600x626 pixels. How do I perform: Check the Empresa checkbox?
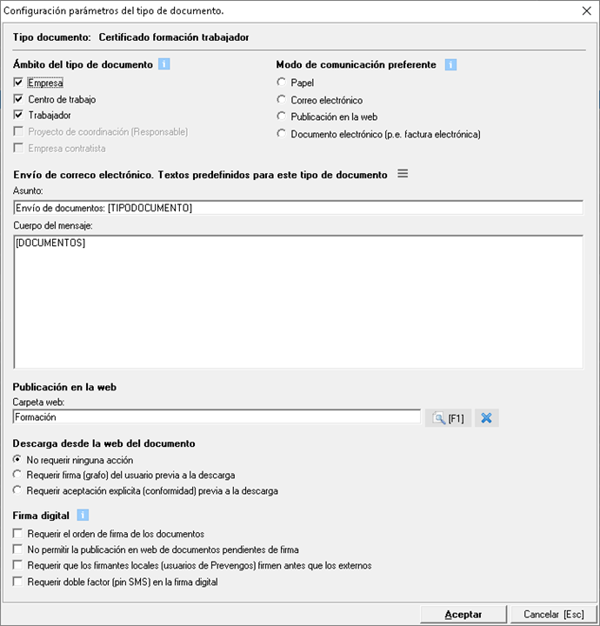point(19,83)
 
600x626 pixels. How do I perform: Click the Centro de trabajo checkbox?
point(19,99)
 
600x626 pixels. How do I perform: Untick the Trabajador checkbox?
point(19,115)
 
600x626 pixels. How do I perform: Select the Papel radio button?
point(281,83)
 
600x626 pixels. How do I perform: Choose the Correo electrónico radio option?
point(281,100)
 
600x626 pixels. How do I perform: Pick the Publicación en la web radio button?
point(281,117)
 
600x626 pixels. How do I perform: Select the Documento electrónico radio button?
point(281,134)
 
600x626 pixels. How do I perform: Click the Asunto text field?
point(297,208)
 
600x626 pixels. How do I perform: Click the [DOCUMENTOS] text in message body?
point(50,243)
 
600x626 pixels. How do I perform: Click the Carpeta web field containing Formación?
point(217,417)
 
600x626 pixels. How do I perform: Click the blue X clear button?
point(486,418)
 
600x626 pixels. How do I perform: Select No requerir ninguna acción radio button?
point(18,459)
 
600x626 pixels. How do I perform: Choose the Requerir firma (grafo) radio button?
point(18,475)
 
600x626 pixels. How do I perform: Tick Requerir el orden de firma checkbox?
point(18,534)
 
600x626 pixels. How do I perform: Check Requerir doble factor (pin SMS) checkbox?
point(18,582)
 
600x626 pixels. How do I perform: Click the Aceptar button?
point(463,614)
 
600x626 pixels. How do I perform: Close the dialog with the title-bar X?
point(586,10)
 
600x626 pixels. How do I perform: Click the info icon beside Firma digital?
point(82,516)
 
